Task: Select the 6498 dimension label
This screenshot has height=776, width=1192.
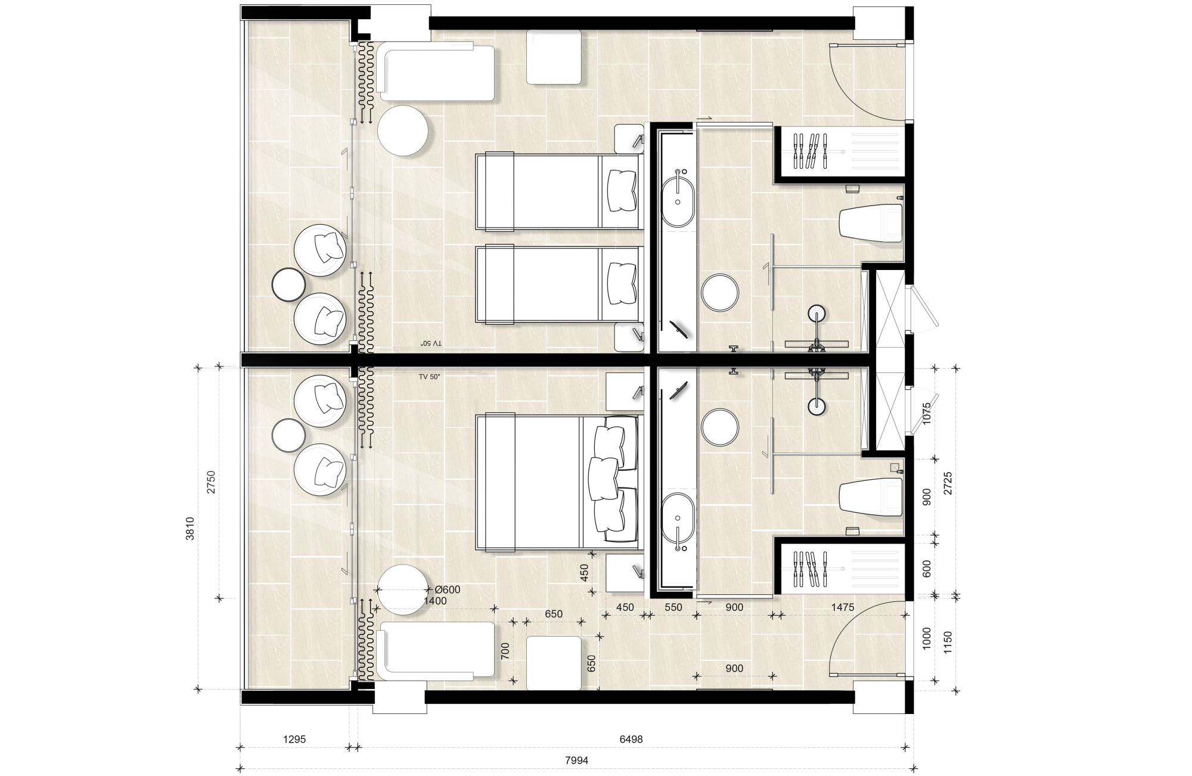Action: click(631, 739)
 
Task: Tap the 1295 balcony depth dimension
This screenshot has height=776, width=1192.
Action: click(294, 739)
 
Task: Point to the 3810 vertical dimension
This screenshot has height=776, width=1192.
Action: click(190, 528)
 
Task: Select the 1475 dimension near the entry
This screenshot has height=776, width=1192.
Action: click(842, 607)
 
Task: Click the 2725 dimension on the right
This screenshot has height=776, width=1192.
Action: click(948, 483)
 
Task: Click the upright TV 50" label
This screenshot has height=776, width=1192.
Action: click(429, 377)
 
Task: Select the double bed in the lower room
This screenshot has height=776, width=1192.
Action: click(558, 482)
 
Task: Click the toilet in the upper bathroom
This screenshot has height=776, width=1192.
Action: click(871, 224)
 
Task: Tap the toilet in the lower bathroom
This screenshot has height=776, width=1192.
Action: click(871, 498)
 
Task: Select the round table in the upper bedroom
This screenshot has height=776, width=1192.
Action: click(403, 131)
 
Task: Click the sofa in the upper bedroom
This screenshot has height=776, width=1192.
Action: click(437, 71)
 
